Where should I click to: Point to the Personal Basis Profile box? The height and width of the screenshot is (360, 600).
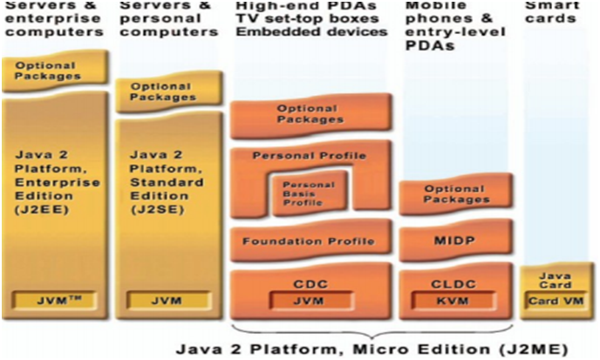tap(303, 194)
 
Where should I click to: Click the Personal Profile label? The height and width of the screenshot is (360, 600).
tap(309, 156)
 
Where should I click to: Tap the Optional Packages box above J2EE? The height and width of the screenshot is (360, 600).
tap(55, 69)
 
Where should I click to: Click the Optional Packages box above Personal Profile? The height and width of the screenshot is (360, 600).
tap(310, 114)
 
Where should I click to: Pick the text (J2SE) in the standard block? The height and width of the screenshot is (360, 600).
tap(151, 209)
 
